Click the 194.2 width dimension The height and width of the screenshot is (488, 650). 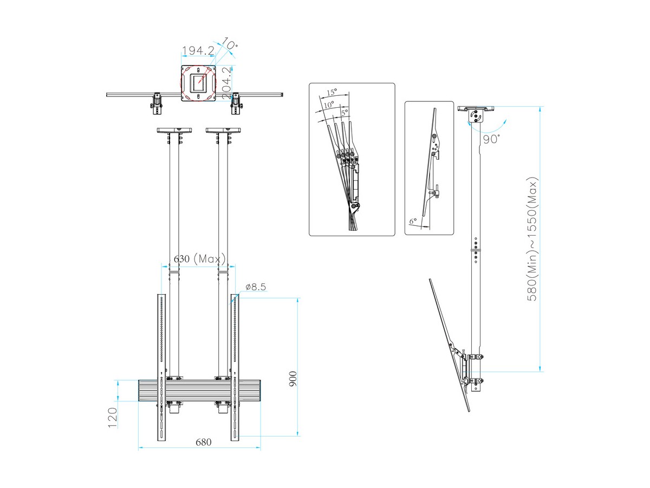click(198, 50)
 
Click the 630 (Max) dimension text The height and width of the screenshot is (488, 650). click(198, 259)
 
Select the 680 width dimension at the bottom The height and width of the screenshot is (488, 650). click(203, 442)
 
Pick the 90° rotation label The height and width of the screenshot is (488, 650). click(491, 139)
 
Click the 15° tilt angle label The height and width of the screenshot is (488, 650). click(331, 92)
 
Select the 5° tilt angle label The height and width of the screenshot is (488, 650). click(345, 112)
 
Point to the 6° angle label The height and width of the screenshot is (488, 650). click(413, 221)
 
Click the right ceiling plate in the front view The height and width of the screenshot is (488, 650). click(223, 130)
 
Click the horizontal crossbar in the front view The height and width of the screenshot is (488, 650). click(200, 390)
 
